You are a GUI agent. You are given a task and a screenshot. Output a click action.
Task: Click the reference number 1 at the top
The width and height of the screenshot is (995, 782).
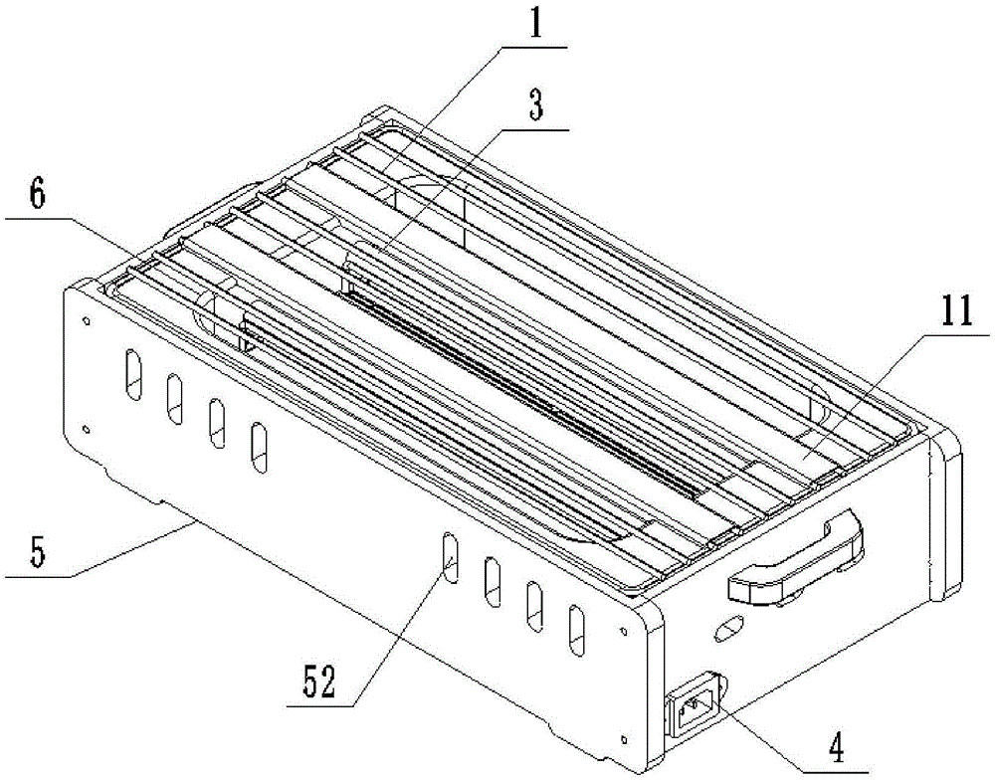[x=536, y=25]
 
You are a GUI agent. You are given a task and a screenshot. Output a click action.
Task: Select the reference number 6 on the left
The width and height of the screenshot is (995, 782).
[x=38, y=193]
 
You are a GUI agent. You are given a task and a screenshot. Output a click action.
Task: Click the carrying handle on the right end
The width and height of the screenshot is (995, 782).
[x=796, y=557]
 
